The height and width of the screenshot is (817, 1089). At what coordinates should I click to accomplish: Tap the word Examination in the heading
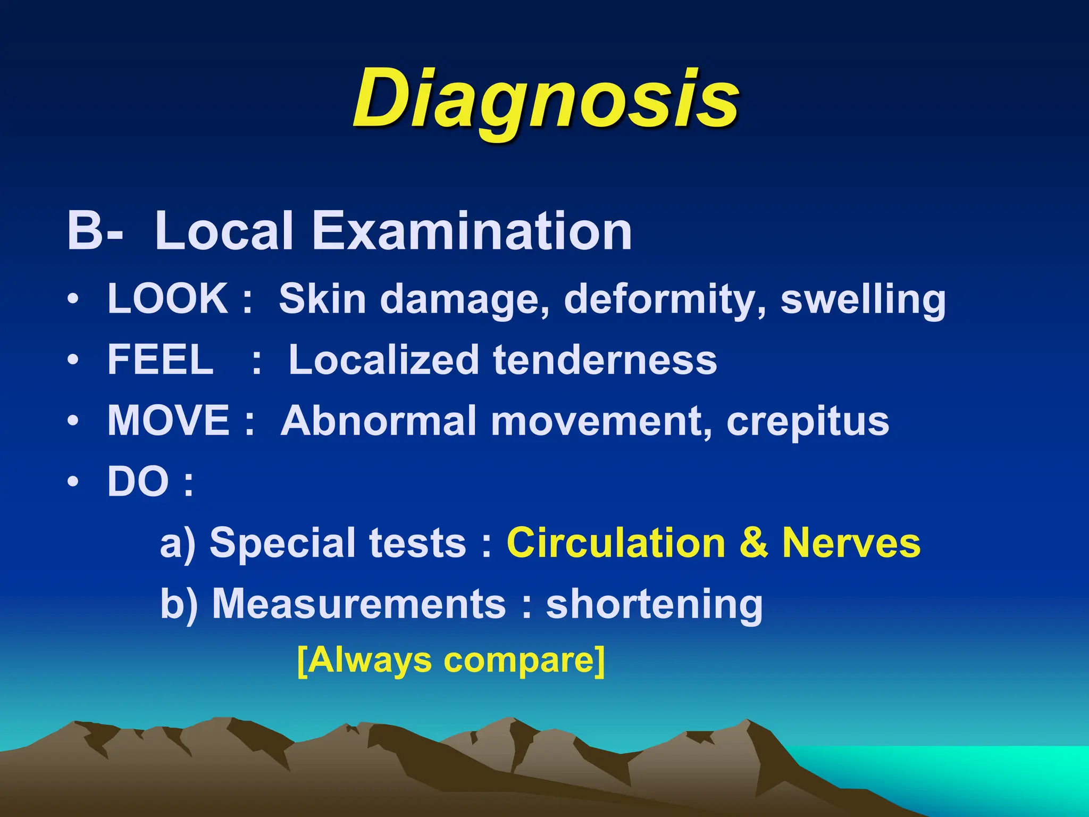471,231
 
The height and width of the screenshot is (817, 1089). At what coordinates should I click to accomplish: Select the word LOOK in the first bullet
167,298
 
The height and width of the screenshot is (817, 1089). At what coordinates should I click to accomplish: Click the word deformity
665,299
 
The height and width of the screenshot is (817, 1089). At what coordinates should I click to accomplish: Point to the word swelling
863,299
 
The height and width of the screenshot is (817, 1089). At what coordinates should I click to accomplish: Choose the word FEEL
161,360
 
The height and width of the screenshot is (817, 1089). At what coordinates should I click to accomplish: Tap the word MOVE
169,420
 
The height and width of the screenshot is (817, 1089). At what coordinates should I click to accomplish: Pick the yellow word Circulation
616,543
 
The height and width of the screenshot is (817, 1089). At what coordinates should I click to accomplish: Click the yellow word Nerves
851,543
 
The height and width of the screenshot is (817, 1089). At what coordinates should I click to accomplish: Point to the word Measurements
359,604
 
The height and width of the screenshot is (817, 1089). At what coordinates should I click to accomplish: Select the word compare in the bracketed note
518,661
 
